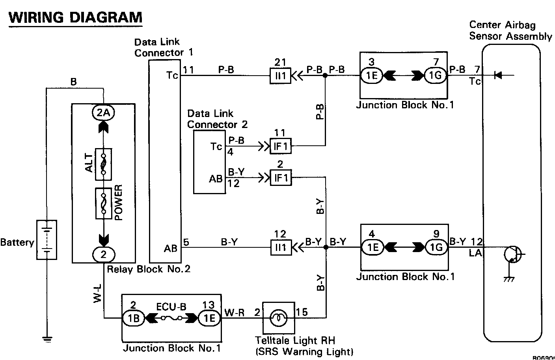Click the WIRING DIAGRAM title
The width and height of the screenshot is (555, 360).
tap(75, 18)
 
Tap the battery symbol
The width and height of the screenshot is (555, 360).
tap(47, 239)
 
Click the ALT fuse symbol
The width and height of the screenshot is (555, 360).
tap(104, 164)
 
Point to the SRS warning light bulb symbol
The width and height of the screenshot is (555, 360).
tap(278, 317)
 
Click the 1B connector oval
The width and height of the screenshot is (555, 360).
tap(134, 318)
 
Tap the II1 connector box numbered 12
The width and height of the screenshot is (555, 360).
tap(280, 248)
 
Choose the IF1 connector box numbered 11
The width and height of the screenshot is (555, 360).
tap(280, 147)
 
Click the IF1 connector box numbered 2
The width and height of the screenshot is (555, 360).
tap(280, 178)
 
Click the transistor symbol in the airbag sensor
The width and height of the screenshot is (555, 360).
tap(512, 255)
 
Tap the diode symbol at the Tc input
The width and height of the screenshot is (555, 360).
tap(498, 75)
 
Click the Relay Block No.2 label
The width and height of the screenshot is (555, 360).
tap(149, 269)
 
